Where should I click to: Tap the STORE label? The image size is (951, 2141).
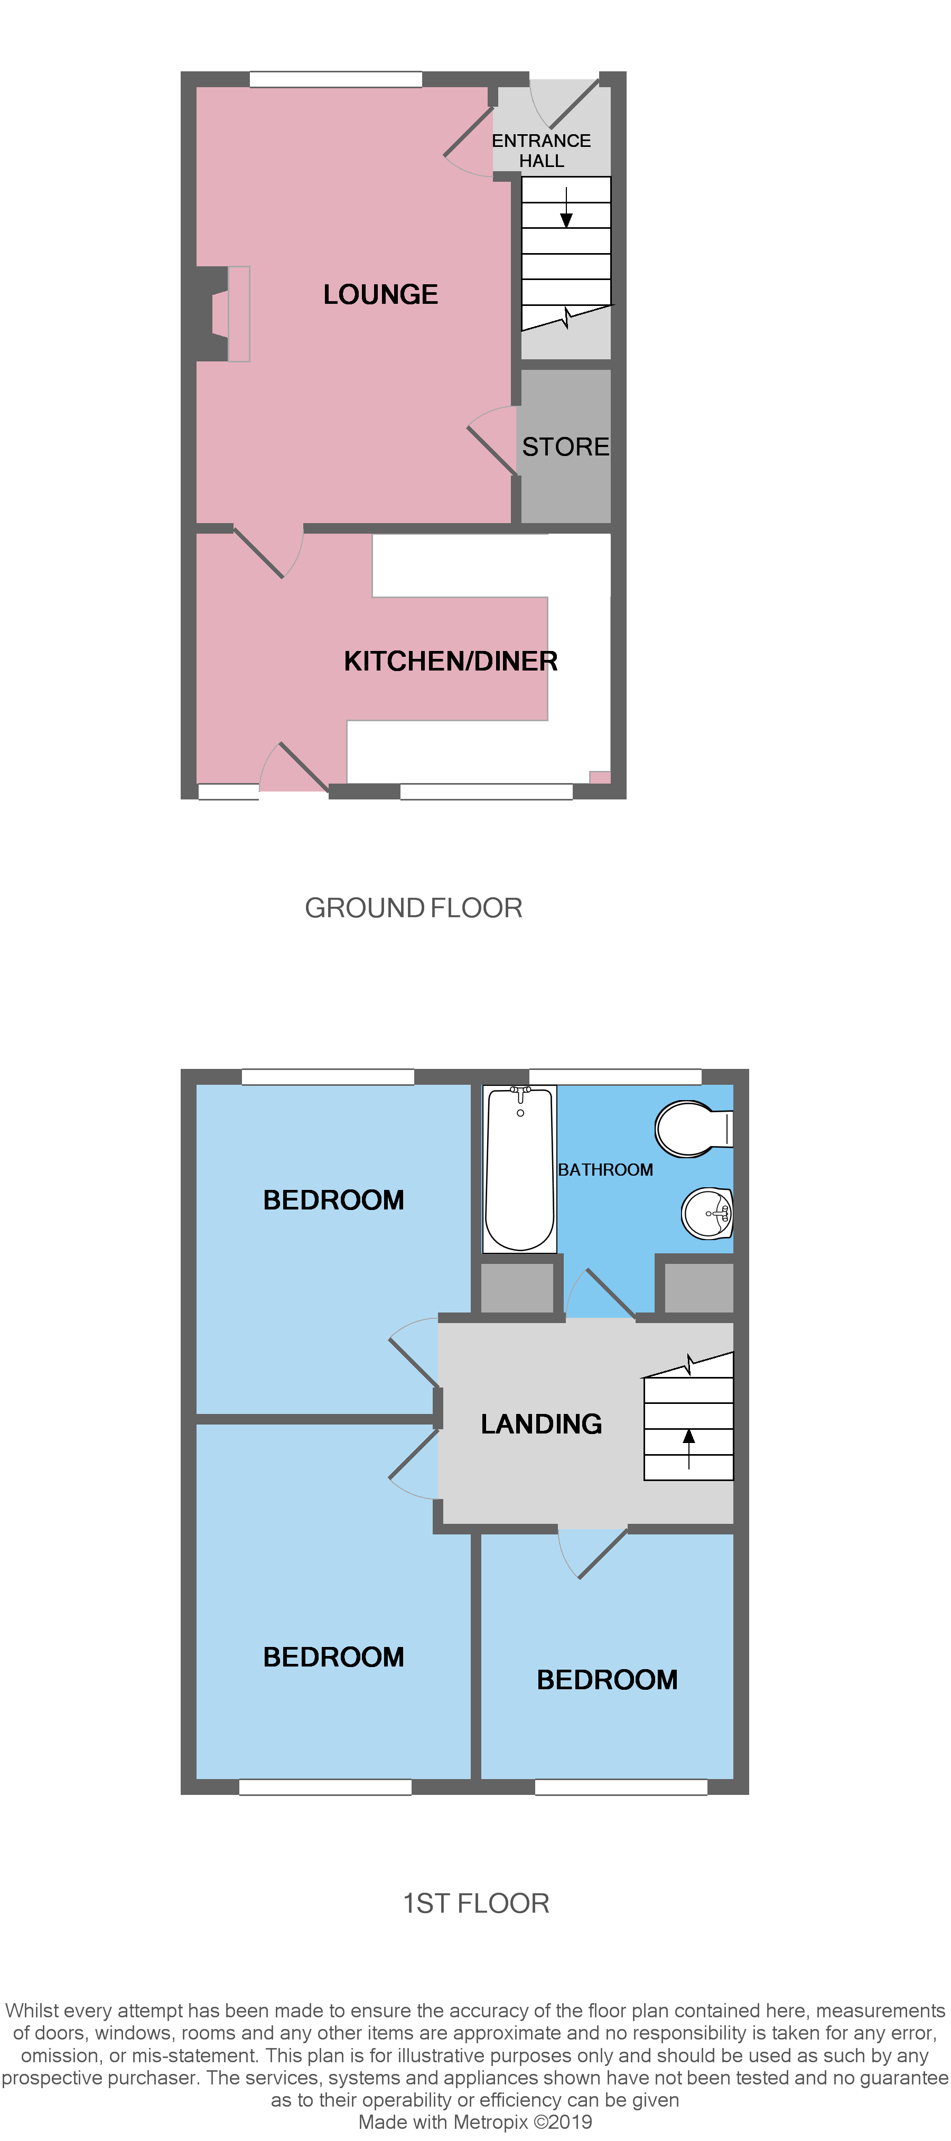pyautogui.click(x=565, y=446)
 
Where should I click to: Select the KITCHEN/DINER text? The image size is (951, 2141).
pyautogui.click(x=451, y=661)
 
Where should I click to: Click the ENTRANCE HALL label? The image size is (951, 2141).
pyautogui.click(x=541, y=151)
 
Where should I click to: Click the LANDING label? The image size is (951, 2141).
pyautogui.click(x=541, y=1424)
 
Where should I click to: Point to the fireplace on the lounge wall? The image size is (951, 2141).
pyautogui.click(x=220, y=313)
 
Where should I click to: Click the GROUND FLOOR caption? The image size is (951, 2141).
pyautogui.click(x=413, y=908)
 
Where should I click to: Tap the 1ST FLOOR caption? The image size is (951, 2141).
pyautogui.click(x=475, y=1903)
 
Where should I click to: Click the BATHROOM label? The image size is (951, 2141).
pyautogui.click(x=605, y=1169)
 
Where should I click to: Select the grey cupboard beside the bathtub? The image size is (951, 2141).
pyautogui.click(x=517, y=1288)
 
